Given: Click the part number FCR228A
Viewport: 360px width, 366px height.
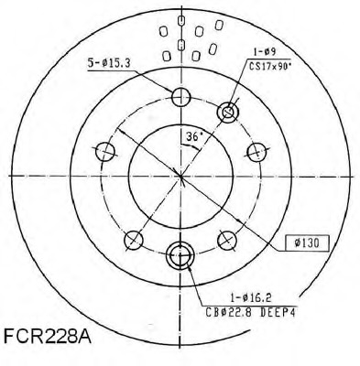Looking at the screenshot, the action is tap(48, 335).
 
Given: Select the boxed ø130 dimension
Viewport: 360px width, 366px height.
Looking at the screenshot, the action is tap(307, 243).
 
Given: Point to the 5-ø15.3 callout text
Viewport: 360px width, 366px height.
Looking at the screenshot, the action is tap(109, 63).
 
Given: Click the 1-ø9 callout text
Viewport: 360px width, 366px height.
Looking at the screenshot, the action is tap(265, 52).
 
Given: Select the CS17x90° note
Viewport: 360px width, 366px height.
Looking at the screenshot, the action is tap(268, 66).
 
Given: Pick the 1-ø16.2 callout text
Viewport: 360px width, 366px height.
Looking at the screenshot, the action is tap(251, 297).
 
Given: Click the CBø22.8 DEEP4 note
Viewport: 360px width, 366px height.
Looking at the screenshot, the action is tap(250, 313).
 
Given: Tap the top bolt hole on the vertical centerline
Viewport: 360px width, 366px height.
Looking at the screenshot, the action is tap(181, 97).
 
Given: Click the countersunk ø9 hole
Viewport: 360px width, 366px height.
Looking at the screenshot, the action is tap(227, 112).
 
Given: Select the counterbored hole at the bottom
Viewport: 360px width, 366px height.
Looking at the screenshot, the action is tap(180, 255).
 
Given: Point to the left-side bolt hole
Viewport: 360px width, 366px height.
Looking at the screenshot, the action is tap(105, 152).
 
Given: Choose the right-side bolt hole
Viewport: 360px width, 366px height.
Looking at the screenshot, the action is tap(256, 152).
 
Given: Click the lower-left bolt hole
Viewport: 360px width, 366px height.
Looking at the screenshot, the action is tap(134, 240).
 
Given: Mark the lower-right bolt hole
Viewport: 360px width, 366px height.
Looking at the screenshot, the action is tap(227, 240).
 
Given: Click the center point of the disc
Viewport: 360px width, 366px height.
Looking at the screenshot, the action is tap(180, 176).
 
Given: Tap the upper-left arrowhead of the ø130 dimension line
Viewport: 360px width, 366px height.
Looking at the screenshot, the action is tap(121, 132).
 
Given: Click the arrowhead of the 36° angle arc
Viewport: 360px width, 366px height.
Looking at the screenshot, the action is tap(198, 148).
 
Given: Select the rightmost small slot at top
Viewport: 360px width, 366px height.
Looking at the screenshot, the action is tap(219, 25).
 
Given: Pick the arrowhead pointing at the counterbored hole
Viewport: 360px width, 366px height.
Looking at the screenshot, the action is tap(190, 268).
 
